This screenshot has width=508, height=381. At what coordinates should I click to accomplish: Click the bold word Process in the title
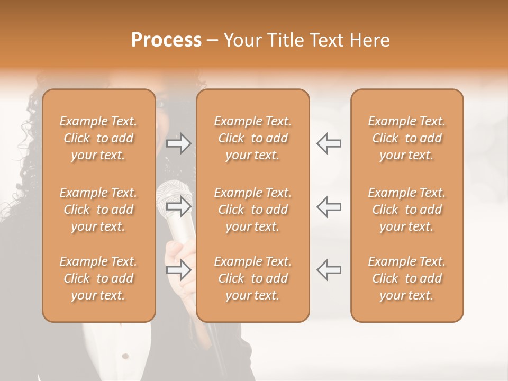pyautogui.click(x=166, y=40)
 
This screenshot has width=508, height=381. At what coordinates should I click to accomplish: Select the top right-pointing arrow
pyautogui.click(x=178, y=143)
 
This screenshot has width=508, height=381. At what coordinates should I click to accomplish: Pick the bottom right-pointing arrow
pyautogui.click(x=178, y=270)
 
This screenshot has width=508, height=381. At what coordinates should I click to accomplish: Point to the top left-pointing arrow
pyautogui.click(x=329, y=143)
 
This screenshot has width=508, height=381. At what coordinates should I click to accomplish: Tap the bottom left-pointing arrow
pyautogui.click(x=329, y=270)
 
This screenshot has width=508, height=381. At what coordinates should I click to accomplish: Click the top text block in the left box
pyautogui.click(x=98, y=138)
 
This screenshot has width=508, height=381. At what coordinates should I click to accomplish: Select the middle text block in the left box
pyautogui.click(x=98, y=210)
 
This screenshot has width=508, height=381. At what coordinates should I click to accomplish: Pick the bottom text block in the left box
pyautogui.click(x=98, y=278)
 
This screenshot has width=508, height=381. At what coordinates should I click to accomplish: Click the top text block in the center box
pyautogui.click(x=252, y=138)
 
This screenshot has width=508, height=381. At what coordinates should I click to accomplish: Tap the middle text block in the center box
pyautogui.click(x=252, y=210)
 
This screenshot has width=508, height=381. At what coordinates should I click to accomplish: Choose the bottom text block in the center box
pyautogui.click(x=252, y=278)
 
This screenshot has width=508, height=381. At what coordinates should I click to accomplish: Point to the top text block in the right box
pyautogui.click(x=406, y=138)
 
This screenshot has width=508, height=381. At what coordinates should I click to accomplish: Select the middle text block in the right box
pyautogui.click(x=406, y=210)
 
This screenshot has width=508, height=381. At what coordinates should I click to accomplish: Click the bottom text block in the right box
pyautogui.click(x=406, y=278)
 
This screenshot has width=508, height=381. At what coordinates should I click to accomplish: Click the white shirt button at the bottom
pyautogui.click(x=125, y=355)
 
